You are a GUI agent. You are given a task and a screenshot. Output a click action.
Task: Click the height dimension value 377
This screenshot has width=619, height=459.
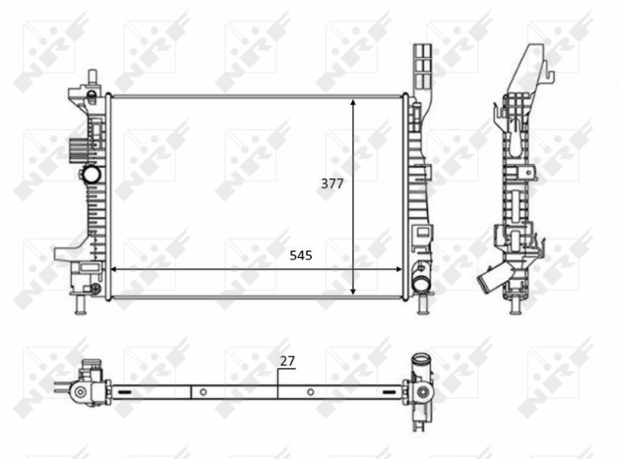[333, 183]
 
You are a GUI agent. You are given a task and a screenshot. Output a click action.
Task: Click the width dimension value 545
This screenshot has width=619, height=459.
[301, 255]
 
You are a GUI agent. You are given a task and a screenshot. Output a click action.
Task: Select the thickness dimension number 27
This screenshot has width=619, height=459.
[287, 360]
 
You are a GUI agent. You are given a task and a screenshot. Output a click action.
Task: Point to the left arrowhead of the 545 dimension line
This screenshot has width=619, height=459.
[115, 269]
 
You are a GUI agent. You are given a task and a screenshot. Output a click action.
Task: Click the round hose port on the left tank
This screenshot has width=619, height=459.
[92, 173]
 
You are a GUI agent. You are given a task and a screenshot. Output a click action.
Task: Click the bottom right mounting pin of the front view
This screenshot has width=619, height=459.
[422, 305]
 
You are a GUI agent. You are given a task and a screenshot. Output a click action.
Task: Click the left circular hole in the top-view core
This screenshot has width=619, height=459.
[203, 392]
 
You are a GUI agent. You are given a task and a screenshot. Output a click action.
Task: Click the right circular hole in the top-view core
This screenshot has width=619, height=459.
[310, 392]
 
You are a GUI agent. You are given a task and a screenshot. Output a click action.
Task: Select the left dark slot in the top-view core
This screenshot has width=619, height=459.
[125, 393]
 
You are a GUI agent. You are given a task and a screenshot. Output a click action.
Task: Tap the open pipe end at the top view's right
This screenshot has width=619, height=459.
[421, 360]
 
